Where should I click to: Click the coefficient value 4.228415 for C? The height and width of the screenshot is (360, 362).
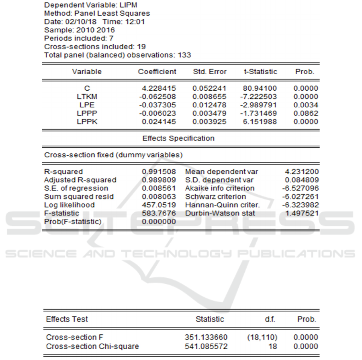point(159,88)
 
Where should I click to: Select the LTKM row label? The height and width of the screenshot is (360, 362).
point(87,97)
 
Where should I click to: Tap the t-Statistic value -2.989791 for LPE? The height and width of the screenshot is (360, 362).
point(260,105)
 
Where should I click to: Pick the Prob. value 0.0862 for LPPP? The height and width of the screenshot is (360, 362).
point(306,114)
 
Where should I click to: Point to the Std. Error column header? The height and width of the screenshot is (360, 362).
point(210,72)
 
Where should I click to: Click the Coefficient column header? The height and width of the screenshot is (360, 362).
point(157,72)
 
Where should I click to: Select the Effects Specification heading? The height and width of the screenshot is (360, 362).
point(178,138)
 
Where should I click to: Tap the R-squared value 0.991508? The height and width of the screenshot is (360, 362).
point(159,172)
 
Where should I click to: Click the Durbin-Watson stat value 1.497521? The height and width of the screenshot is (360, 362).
point(301,213)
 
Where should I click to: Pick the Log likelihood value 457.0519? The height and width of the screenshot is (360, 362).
point(159,205)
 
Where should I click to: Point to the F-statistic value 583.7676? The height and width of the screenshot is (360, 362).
point(159,213)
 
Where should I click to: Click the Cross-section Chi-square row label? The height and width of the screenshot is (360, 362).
point(92,346)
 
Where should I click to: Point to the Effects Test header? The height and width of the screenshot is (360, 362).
point(67,319)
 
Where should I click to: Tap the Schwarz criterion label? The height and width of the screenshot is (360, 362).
point(215,197)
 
